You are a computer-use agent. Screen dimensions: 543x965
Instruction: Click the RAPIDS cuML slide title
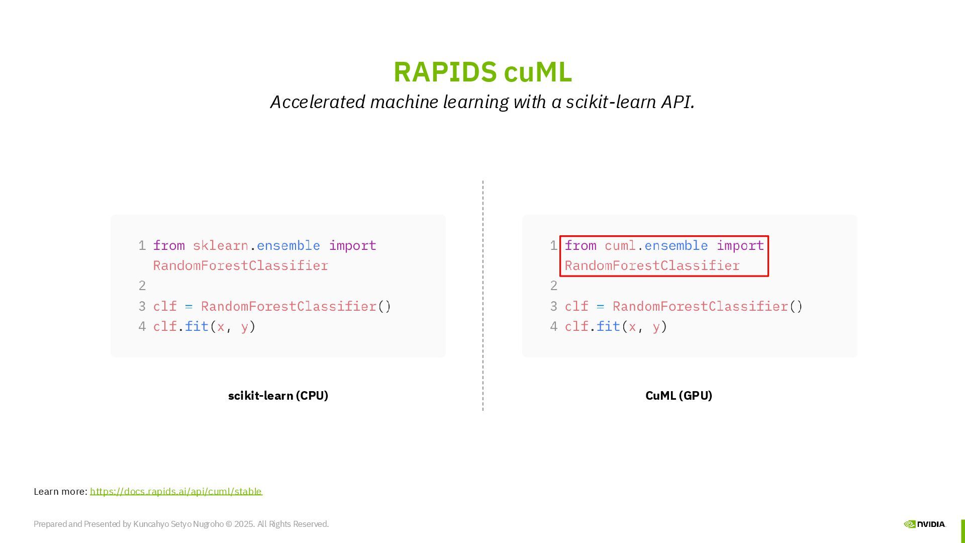pos(482,72)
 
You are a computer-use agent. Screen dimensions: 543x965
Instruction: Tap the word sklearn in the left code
pos(220,246)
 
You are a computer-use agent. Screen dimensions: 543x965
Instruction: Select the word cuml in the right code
pos(620,246)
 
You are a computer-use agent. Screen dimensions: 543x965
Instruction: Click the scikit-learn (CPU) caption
pos(278,396)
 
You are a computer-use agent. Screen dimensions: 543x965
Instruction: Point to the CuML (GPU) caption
pos(679,396)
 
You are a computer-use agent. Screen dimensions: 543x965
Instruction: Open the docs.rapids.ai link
pos(176,492)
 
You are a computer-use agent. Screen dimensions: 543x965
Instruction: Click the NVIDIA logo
pos(924,524)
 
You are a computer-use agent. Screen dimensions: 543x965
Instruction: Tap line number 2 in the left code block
pos(142,286)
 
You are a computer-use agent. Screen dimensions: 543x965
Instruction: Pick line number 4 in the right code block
pos(554,327)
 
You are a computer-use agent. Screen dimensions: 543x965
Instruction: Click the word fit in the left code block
pos(197,327)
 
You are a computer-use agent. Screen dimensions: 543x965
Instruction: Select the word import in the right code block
pos(740,246)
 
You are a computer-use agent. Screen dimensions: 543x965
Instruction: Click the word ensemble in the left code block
pos(288,246)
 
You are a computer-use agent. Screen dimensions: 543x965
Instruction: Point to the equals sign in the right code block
pos(600,307)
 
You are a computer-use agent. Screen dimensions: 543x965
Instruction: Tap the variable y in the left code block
pos(245,327)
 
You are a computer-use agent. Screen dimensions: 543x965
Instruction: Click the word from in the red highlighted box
pos(581,246)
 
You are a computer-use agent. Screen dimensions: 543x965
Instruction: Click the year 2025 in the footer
pos(244,524)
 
